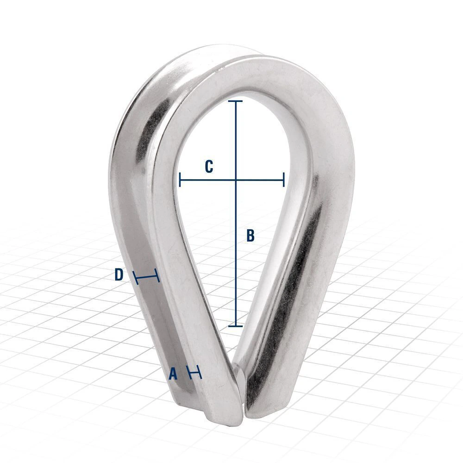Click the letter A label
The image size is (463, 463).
pyautogui.click(x=173, y=374)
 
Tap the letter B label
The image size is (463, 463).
pyautogui.click(x=250, y=236)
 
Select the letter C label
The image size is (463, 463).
pyautogui.click(x=209, y=167)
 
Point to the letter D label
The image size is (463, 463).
pyautogui.click(x=119, y=275)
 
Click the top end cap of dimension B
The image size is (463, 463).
pyautogui.click(x=235, y=101)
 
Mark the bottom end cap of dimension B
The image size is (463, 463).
pyautogui.click(x=235, y=326)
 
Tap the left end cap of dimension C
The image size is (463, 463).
pyautogui.click(x=180, y=180)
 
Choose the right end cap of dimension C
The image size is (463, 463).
pyautogui.click(x=284, y=180)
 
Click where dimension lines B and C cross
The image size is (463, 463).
pyautogui.click(x=236, y=180)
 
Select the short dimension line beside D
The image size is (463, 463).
pyautogui.click(x=146, y=277)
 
